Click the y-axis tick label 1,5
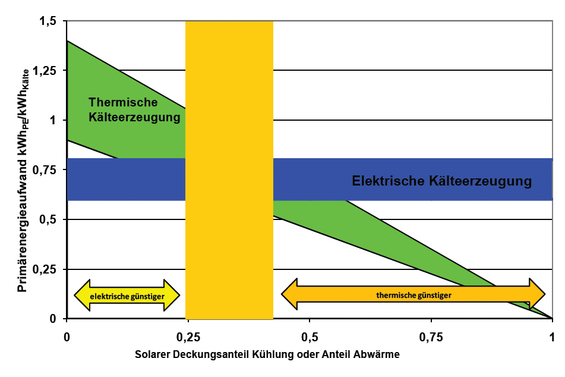49,21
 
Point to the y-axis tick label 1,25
45,71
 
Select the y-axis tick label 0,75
45,170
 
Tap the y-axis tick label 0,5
49,220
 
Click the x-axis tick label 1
553,336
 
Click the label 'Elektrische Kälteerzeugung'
441,181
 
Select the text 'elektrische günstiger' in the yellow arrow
127,295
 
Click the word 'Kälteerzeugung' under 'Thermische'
134,117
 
